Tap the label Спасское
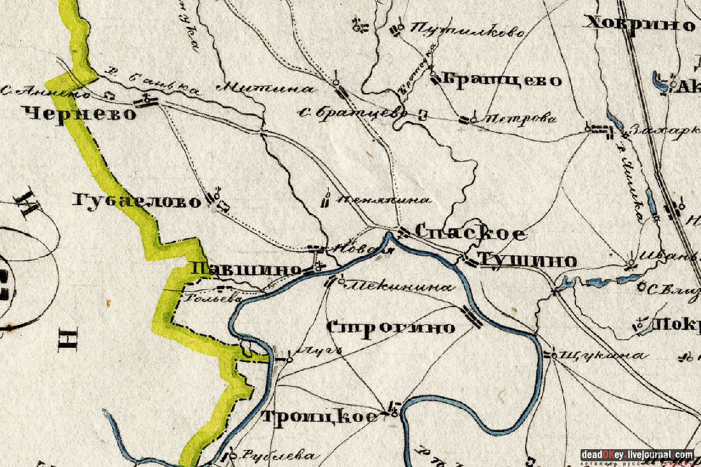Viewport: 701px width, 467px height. pos(470,233)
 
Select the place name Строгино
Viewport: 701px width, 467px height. pos(391,327)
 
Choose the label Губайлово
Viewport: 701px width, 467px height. pos(137,201)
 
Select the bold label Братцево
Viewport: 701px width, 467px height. pos(502,80)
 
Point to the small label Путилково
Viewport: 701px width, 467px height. pos(468,30)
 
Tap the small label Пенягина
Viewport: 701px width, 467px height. pos(383,199)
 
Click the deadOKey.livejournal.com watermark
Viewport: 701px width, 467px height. pos(637,454)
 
